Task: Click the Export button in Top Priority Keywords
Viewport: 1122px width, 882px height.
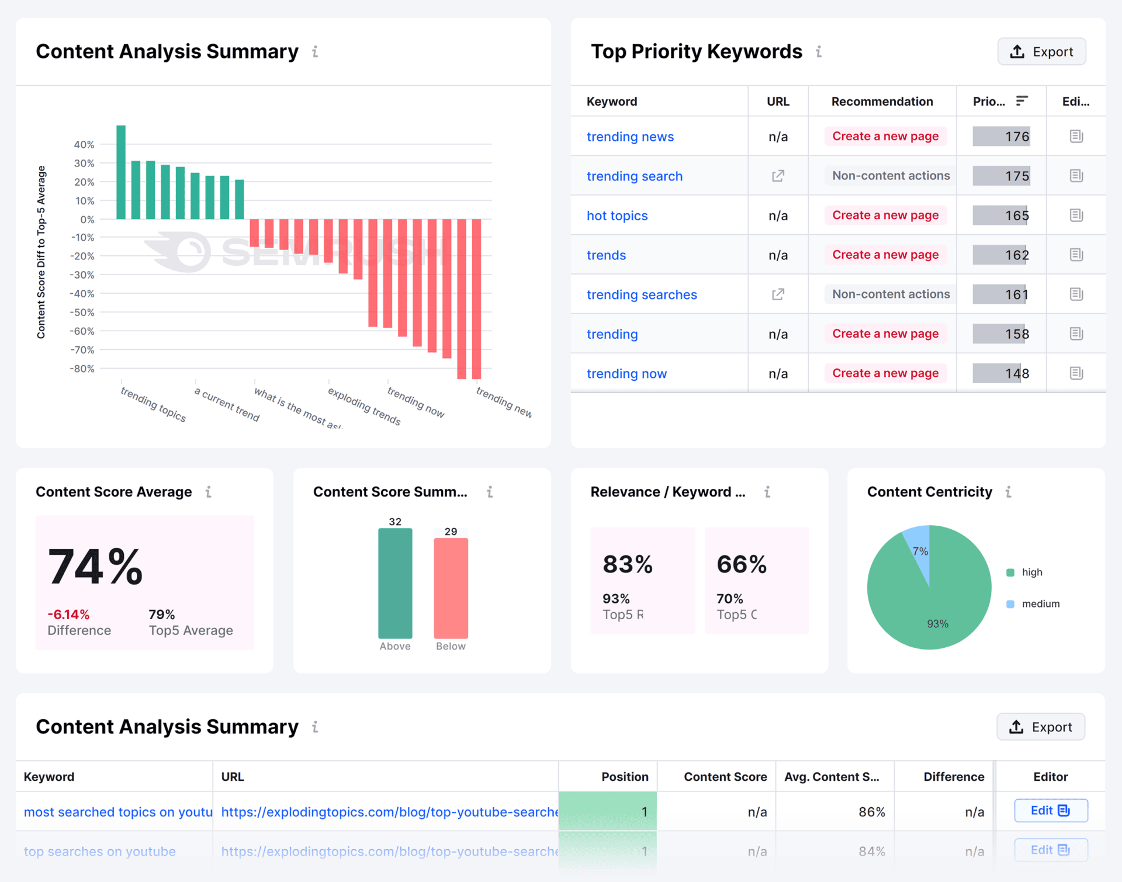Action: click(x=1041, y=52)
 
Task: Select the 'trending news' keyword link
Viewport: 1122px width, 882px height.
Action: click(x=630, y=137)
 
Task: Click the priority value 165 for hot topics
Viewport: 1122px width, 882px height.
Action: click(x=1016, y=216)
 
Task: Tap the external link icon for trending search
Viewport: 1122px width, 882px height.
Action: click(x=778, y=176)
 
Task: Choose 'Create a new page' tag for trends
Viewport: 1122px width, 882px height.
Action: click(x=885, y=255)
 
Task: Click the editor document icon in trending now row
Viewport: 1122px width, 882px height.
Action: click(x=1076, y=373)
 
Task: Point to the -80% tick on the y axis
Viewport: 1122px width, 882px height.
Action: click(x=82, y=369)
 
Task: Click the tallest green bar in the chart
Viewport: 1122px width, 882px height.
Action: click(x=121, y=172)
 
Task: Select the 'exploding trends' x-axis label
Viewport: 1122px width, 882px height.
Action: click(x=363, y=406)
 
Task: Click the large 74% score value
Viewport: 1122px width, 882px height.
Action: click(x=95, y=567)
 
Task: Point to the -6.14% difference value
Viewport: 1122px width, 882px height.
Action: click(x=68, y=614)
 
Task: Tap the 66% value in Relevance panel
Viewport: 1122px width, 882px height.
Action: click(x=742, y=564)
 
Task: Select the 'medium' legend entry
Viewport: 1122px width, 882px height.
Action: click(x=1040, y=604)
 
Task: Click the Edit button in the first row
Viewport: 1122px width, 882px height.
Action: click(x=1050, y=811)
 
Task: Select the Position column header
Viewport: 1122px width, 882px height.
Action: click(x=624, y=777)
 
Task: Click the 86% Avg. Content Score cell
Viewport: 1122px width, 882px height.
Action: click(x=871, y=812)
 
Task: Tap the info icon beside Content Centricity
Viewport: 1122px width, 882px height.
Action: click(x=1008, y=492)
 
